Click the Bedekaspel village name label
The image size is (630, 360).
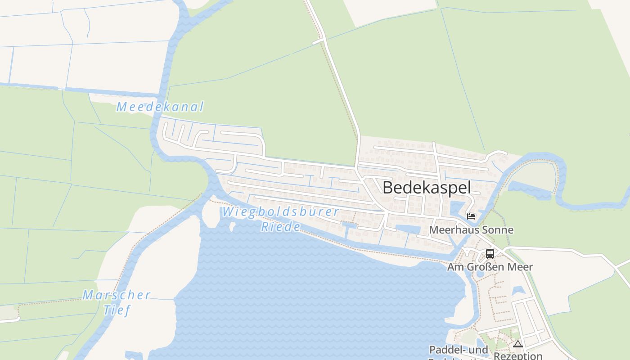click(427, 188)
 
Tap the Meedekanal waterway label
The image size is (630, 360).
click(160, 107)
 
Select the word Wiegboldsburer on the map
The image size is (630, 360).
click(280, 211)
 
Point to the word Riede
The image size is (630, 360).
click(280, 227)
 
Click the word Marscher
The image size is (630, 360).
click(117, 295)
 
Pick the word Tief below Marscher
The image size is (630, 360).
click(117, 310)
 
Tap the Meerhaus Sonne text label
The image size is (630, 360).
click(471, 230)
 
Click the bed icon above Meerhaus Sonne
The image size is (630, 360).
click(471, 216)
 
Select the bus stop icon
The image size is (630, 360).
click(490, 254)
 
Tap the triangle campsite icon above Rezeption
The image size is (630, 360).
click(518, 344)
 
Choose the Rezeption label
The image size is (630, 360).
click(518, 356)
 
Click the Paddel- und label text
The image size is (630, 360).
click(458, 350)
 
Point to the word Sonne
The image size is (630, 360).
click(498, 230)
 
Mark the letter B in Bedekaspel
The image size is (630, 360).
click(388, 188)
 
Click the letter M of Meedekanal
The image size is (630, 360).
click(121, 107)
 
